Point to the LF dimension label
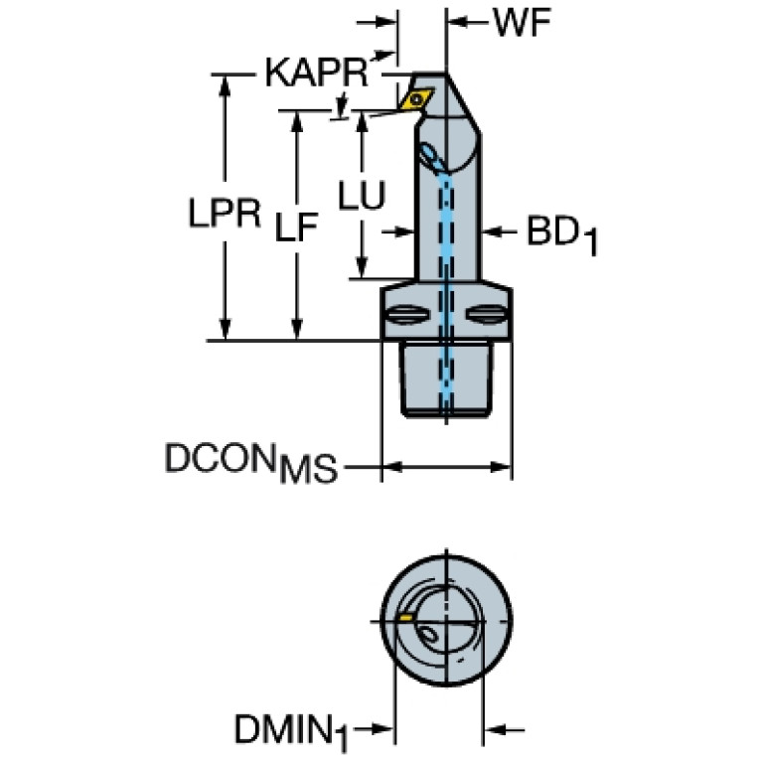[295, 229]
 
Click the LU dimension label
[360, 196]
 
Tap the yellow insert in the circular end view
[405, 618]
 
